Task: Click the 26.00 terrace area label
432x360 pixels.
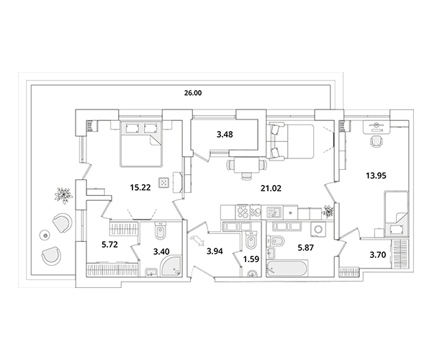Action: (193, 93)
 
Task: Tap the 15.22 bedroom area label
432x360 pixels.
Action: (140, 188)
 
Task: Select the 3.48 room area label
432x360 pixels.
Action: (225, 135)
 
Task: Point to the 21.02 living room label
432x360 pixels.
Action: (271, 189)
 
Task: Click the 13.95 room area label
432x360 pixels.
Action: (376, 176)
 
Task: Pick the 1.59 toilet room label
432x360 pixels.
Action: (251, 259)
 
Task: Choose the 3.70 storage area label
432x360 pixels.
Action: (377, 256)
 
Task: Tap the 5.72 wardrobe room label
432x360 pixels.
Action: (109, 244)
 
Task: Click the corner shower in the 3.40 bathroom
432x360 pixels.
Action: (171, 266)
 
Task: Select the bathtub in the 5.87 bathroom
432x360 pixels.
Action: (287, 269)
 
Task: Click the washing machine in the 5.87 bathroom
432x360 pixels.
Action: (319, 229)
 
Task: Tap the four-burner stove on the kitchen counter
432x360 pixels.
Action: (243, 212)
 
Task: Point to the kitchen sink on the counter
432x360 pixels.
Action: (274, 212)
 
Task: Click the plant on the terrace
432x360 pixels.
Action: (63, 195)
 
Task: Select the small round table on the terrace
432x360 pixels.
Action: (45, 235)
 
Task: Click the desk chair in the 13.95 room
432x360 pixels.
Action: (376, 142)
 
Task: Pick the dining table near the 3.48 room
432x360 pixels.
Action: (246, 165)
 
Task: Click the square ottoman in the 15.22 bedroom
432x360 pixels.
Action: (163, 183)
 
